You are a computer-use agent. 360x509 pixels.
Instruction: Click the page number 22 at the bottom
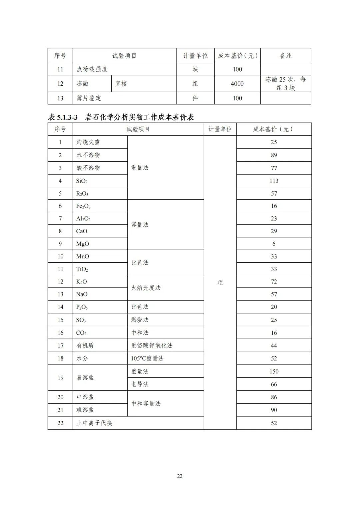tap(180, 476)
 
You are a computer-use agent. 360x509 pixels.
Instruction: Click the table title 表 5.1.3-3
tap(63, 117)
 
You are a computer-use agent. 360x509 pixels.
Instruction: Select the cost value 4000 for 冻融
tap(237, 84)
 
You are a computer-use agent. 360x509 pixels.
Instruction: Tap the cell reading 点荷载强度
tap(92, 69)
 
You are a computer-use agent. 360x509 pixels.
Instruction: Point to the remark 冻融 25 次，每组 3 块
tap(285, 83)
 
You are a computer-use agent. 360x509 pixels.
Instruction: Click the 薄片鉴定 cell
tap(89, 98)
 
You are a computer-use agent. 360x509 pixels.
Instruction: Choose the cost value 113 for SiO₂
tap(274, 181)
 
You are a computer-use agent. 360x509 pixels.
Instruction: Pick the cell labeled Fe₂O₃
tap(83, 206)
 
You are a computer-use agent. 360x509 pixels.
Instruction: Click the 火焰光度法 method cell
tap(146, 288)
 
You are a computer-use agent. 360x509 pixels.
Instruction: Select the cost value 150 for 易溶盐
tap(274, 371)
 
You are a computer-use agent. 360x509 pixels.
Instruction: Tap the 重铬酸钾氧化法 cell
tap(152, 346)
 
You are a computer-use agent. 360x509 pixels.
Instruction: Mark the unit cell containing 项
tap(220, 283)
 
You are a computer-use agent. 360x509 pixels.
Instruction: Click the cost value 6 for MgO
tap(274, 244)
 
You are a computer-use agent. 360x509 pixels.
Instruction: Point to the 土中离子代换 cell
tap(94, 423)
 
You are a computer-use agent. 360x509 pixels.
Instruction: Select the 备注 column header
tap(285, 56)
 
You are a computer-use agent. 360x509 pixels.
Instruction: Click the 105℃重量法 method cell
tap(147, 358)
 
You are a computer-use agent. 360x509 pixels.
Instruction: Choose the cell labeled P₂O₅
tap(82, 307)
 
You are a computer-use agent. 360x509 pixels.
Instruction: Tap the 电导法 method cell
tap(140, 384)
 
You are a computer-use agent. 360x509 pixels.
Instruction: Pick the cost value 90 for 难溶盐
tap(274, 410)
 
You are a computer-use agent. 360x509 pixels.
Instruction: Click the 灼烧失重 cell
tap(88, 142)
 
